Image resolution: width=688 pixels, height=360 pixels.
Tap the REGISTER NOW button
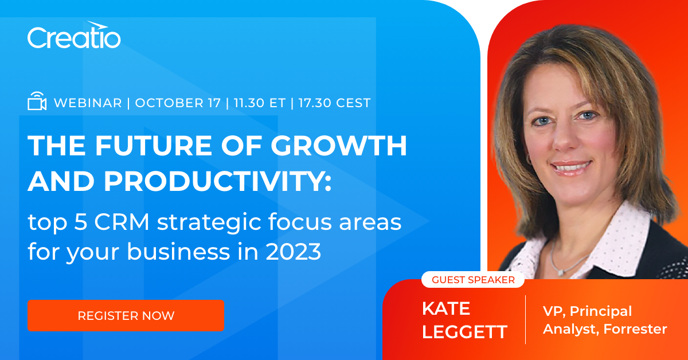click(x=126, y=315)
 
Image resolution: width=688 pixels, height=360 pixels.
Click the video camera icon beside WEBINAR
click(x=37, y=102)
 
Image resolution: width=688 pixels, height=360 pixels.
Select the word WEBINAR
click(x=88, y=103)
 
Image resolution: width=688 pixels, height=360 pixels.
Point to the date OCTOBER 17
click(x=178, y=103)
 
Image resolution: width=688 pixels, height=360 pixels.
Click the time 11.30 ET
click(x=259, y=103)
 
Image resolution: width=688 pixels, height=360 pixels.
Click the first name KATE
click(x=446, y=308)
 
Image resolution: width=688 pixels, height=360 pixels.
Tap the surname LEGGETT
click(x=464, y=332)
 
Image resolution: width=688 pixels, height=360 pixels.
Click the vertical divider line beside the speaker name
click(x=525, y=319)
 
